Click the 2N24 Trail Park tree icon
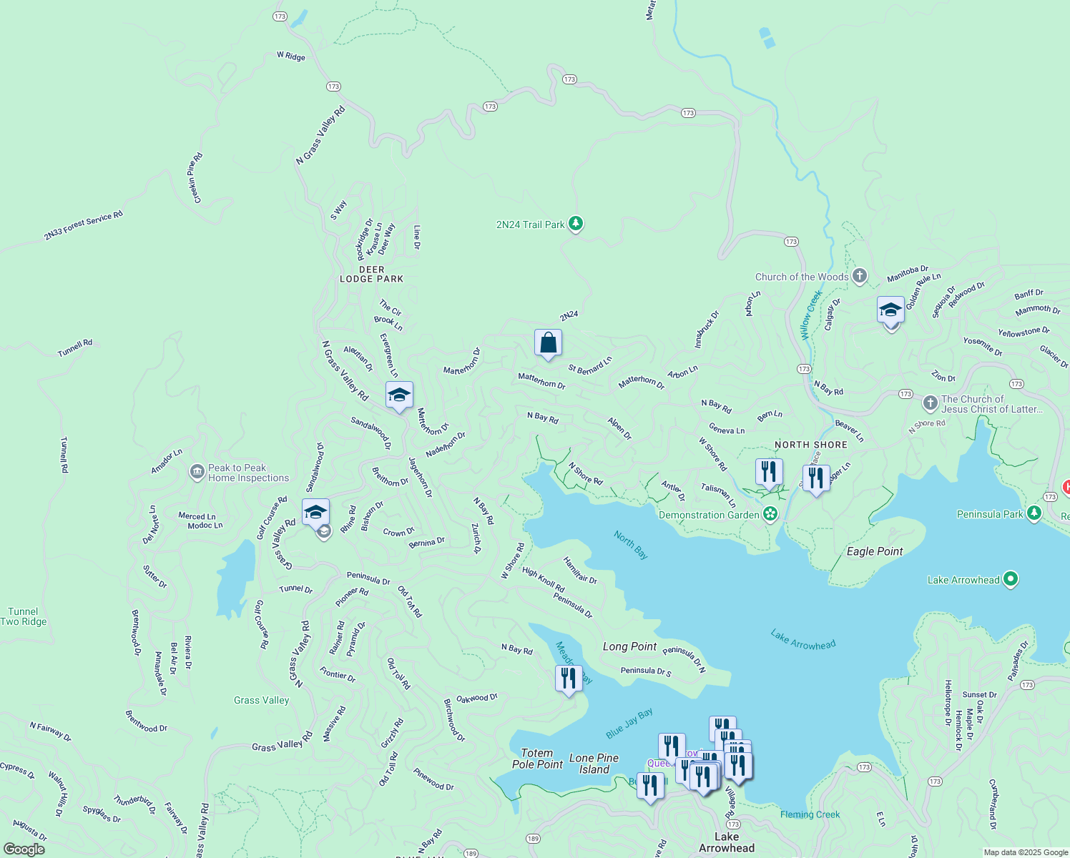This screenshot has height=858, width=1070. point(576,224)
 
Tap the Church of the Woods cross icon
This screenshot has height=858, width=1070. point(860,276)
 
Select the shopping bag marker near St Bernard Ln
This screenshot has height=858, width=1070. point(548,343)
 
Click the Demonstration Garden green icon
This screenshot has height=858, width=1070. point(770,514)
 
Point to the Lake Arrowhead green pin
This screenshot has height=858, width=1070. point(1011,579)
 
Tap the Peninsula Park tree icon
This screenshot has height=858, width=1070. point(1034,513)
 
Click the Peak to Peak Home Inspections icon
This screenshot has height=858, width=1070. point(197,472)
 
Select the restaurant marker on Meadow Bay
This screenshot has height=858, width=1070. point(568,678)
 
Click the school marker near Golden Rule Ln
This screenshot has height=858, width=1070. point(890,311)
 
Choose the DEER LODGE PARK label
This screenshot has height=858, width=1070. point(371,275)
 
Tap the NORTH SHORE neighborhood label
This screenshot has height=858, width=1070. point(811,445)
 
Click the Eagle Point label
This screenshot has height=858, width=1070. point(875,551)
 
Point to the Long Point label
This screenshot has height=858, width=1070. point(629,646)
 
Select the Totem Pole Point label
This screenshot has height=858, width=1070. point(537,759)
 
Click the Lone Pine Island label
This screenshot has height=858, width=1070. point(594,764)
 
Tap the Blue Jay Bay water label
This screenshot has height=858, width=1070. point(629,724)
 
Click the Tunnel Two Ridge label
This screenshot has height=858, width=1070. point(24,616)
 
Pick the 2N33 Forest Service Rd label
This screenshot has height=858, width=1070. point(83,225)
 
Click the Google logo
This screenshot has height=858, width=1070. point(24,849)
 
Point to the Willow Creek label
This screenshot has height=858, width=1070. point(810,315)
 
